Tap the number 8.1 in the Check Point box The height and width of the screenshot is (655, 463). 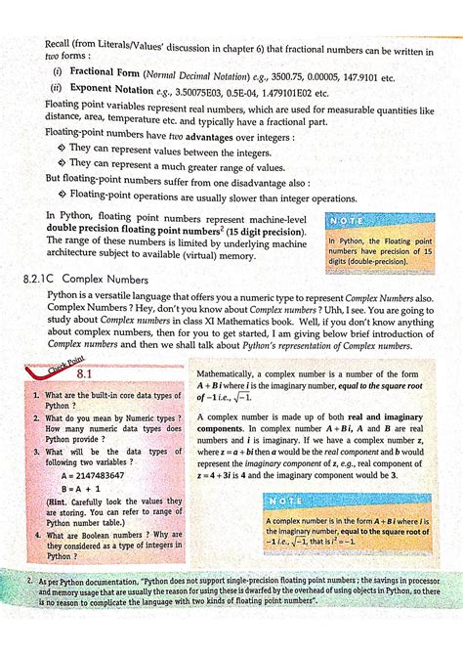82,373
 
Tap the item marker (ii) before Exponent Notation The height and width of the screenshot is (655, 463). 58,93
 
